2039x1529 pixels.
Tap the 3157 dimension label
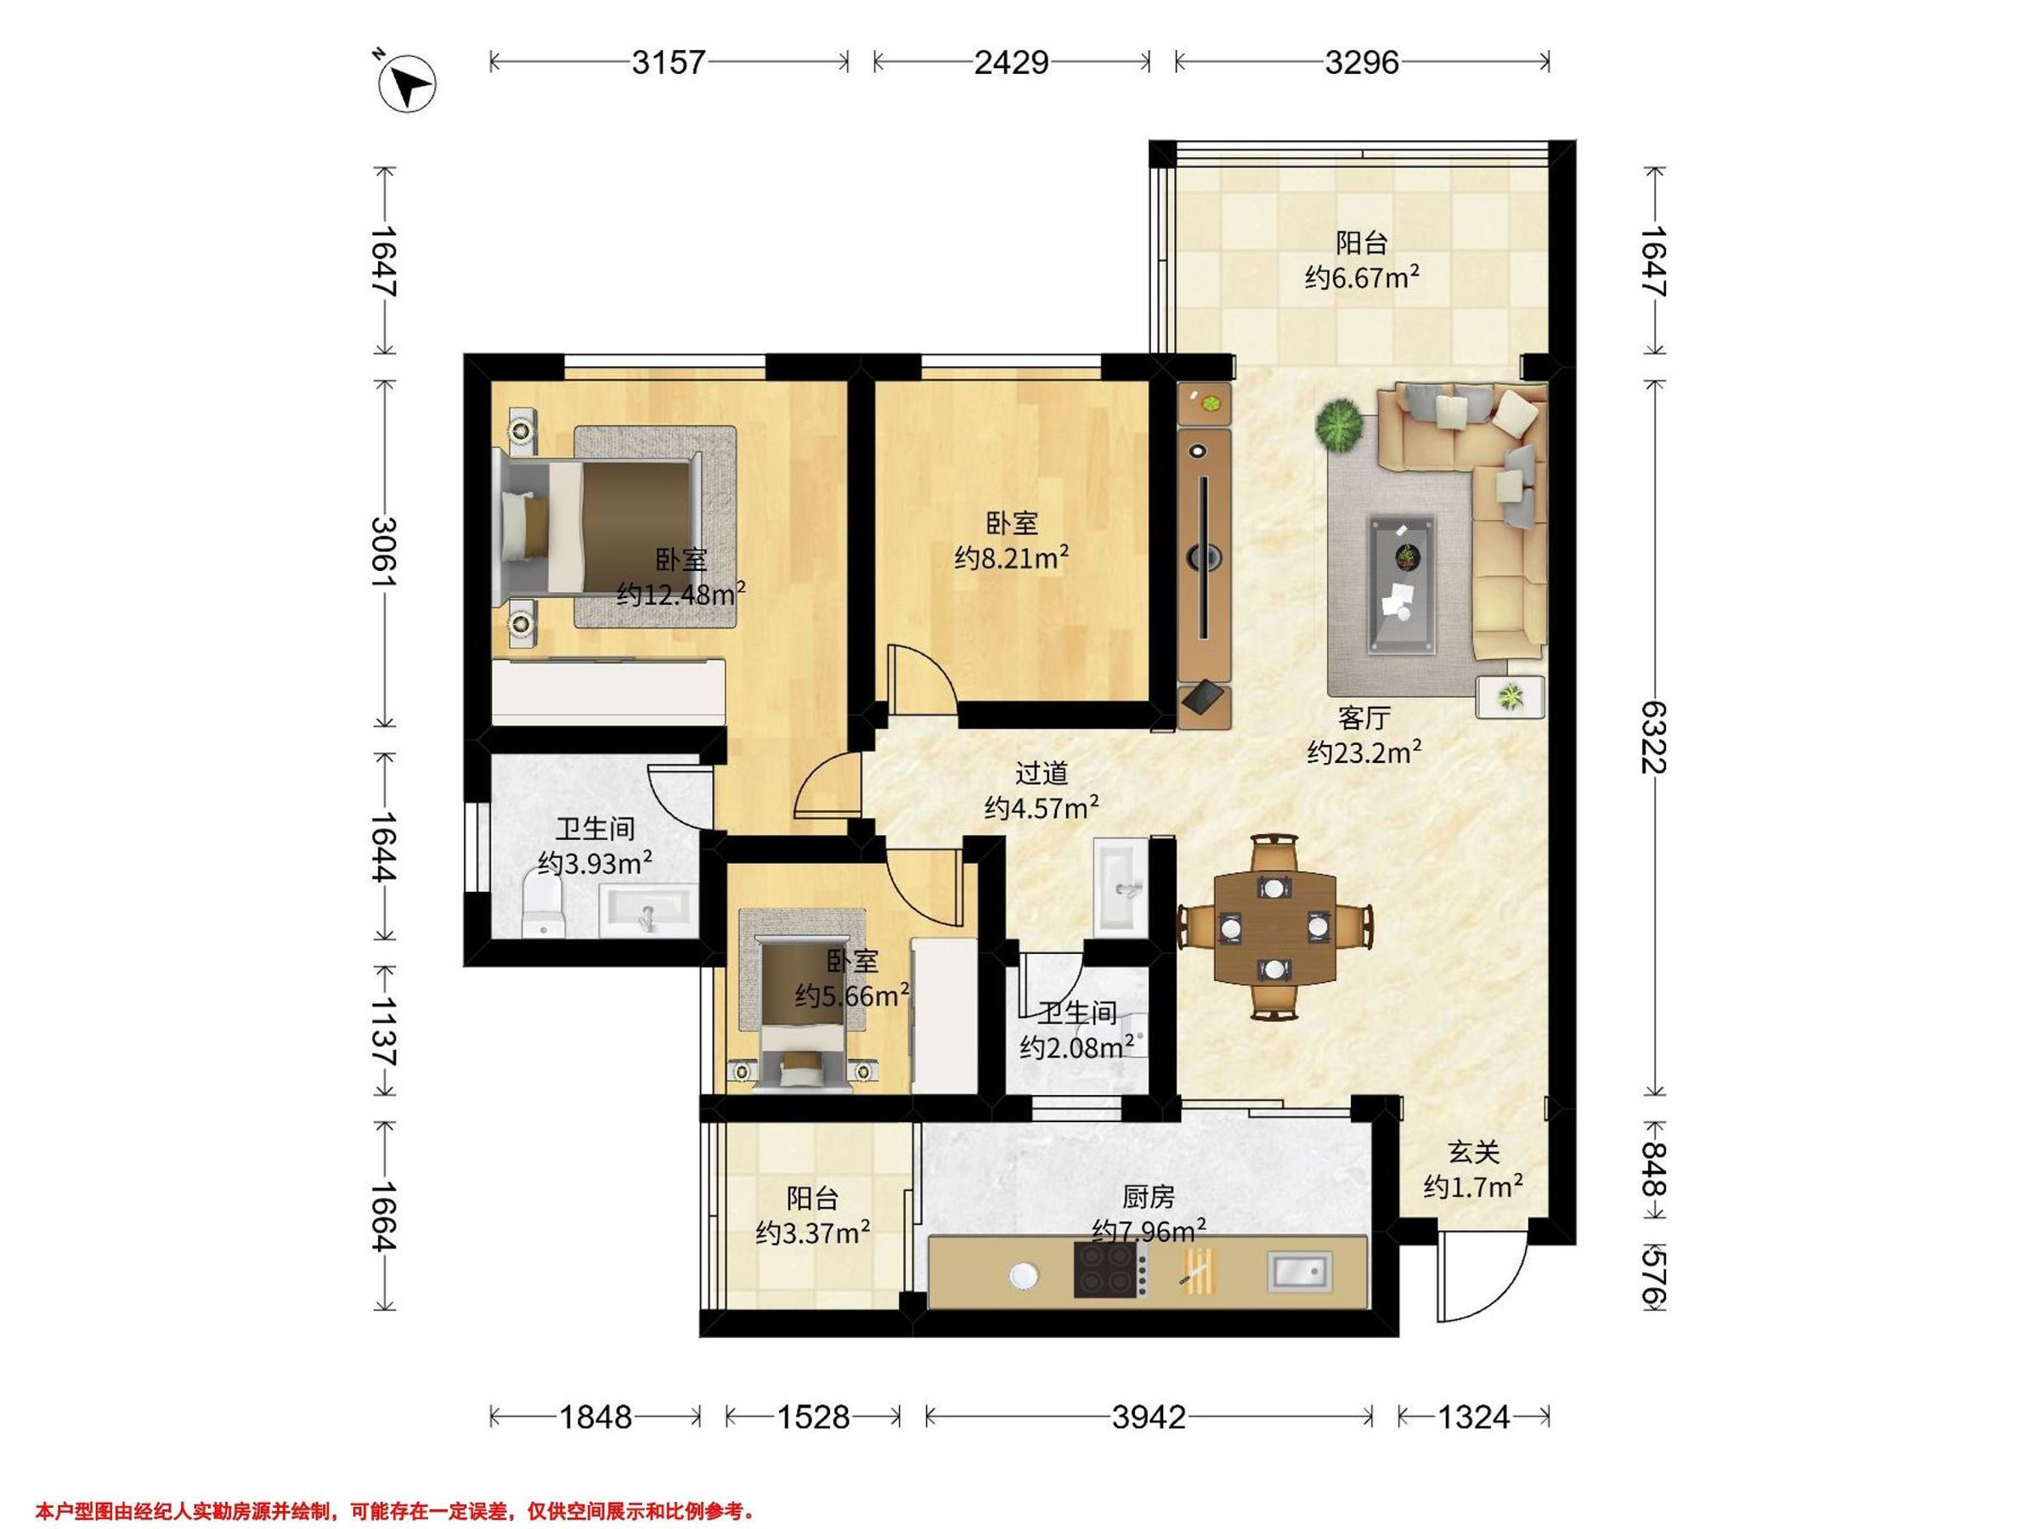669,62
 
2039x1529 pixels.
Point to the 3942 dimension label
1149,1416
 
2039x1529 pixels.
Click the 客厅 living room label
1364,717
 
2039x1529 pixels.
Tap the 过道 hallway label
1042,772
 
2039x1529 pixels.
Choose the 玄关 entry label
1474,1151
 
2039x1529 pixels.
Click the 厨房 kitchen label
1149,1196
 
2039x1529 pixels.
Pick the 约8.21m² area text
1012,557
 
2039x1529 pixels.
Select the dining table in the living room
1275,928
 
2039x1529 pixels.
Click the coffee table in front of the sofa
1402,584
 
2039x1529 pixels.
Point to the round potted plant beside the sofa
1339,426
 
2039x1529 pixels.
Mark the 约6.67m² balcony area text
1362,276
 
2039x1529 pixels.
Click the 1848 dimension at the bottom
596,1416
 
